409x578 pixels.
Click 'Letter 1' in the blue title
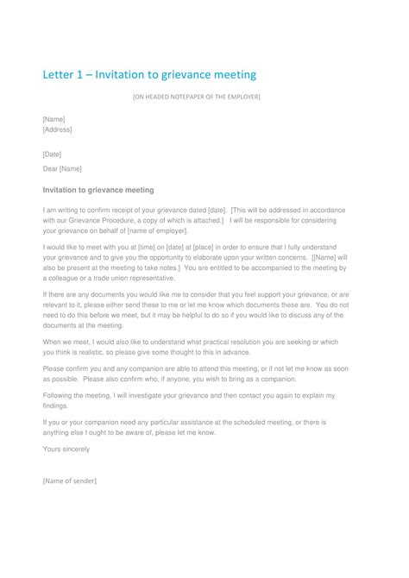point(65,75)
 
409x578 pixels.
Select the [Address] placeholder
point(57,129)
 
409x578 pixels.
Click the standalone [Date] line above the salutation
point(52,154)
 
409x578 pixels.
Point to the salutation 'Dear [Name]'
point(62,169)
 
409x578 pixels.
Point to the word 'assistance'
point(172,422)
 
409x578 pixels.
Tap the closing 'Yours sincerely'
point(66,449)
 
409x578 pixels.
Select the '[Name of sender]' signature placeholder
point(69,481)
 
